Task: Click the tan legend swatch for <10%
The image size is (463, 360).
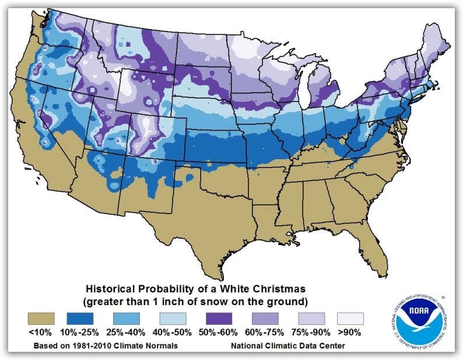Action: tap(41, 319)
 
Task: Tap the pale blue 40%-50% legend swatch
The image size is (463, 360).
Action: tap(173, 319)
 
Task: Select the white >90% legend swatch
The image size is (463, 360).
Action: tap(349, 319)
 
